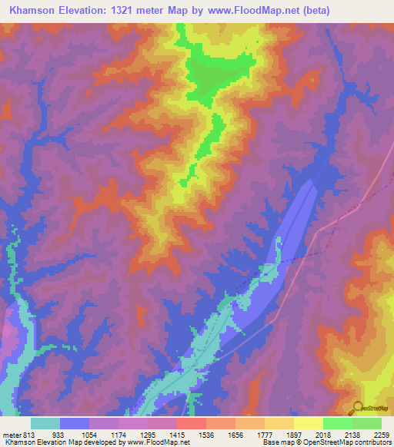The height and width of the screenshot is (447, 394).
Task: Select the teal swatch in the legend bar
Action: pos(45,423)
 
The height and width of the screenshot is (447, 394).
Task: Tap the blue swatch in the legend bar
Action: pos(75,423)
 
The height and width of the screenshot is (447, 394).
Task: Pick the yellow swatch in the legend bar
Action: pos(309,423)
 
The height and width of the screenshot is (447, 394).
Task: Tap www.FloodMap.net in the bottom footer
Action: pos(158,442)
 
